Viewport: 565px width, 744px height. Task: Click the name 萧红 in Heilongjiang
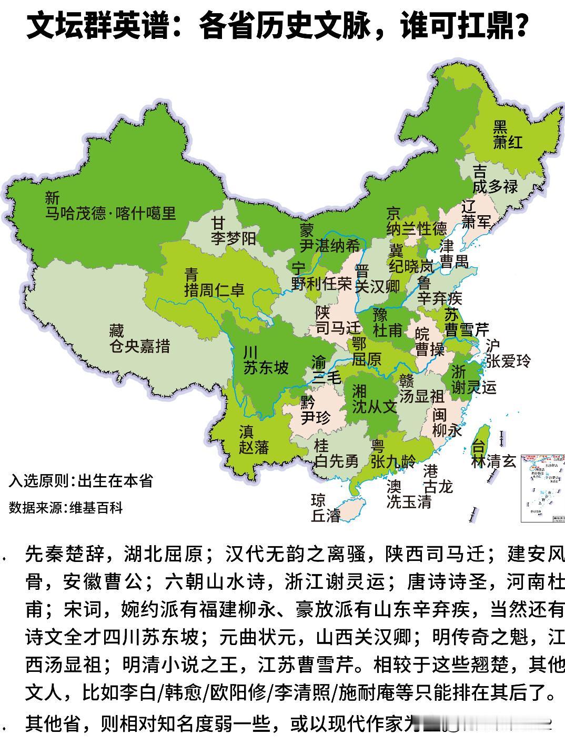click(508, 142)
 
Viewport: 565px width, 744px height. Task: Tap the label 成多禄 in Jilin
click(495, 186)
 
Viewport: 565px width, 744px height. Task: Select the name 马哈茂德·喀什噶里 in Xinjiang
click(110, 213)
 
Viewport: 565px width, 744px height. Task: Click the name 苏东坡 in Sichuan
click(266, 367)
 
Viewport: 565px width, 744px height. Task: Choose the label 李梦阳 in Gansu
click(234, 239)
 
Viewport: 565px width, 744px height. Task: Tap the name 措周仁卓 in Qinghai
click(214, 289)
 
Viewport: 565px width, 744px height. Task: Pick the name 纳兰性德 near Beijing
click(417, 229)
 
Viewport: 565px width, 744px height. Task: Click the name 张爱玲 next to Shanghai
click(508, 361)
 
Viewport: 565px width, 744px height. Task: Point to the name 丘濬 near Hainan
click(326, 516)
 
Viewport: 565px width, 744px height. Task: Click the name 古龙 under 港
click(438, 487)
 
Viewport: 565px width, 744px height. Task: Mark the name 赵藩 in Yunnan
click(254, 448)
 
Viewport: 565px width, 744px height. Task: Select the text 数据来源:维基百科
click(66, 508)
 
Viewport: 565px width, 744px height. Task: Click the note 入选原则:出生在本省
click(80, 480)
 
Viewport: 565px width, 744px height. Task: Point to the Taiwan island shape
click(481, 445)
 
